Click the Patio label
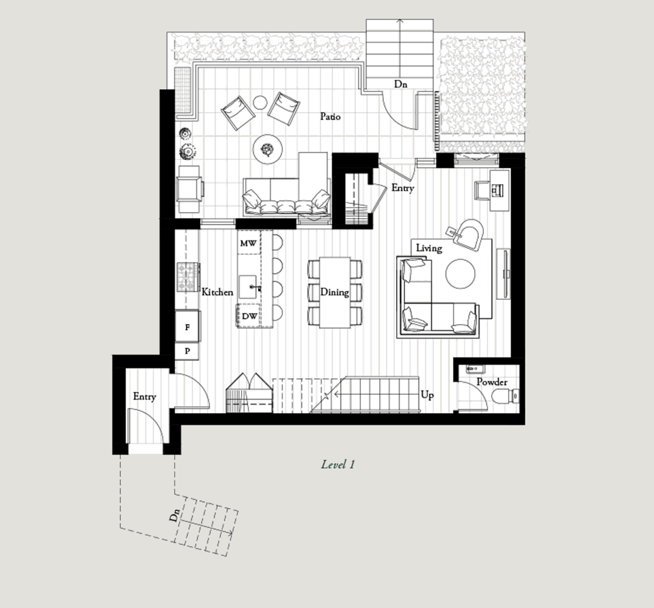pos(331,116)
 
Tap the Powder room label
pos(492,382)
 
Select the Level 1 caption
pos(338,464)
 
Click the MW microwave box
pos(249,243)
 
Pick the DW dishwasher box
pos(249,316)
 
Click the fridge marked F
pos(187,327)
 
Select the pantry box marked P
pos(187,351)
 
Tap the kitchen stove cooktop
pos(188,277)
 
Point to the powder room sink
pos(475,369)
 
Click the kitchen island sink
pos(247,286)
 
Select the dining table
pos(335,292)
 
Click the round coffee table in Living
pos(460,274)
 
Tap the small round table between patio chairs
pos(260,102)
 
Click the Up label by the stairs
pos(427,395)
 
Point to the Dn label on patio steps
pos(400,84)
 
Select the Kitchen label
pos(217,292)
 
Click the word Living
pos(429,248)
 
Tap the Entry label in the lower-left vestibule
pos(144,396)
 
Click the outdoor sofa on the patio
pos(286,197)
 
